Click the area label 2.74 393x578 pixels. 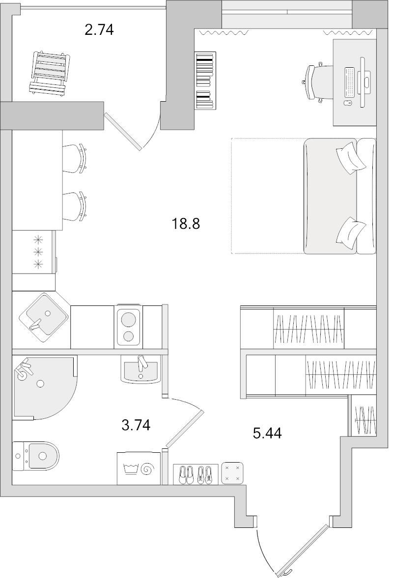click(x=99, y=30)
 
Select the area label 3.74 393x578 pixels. click(x=136, y=424)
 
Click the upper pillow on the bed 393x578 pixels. click(x=351, y=157)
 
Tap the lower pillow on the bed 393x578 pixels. click(x=351, y=231)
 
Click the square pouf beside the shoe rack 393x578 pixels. click(x=232, y=472)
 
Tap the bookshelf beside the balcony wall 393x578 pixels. click(x=205, y=81)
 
